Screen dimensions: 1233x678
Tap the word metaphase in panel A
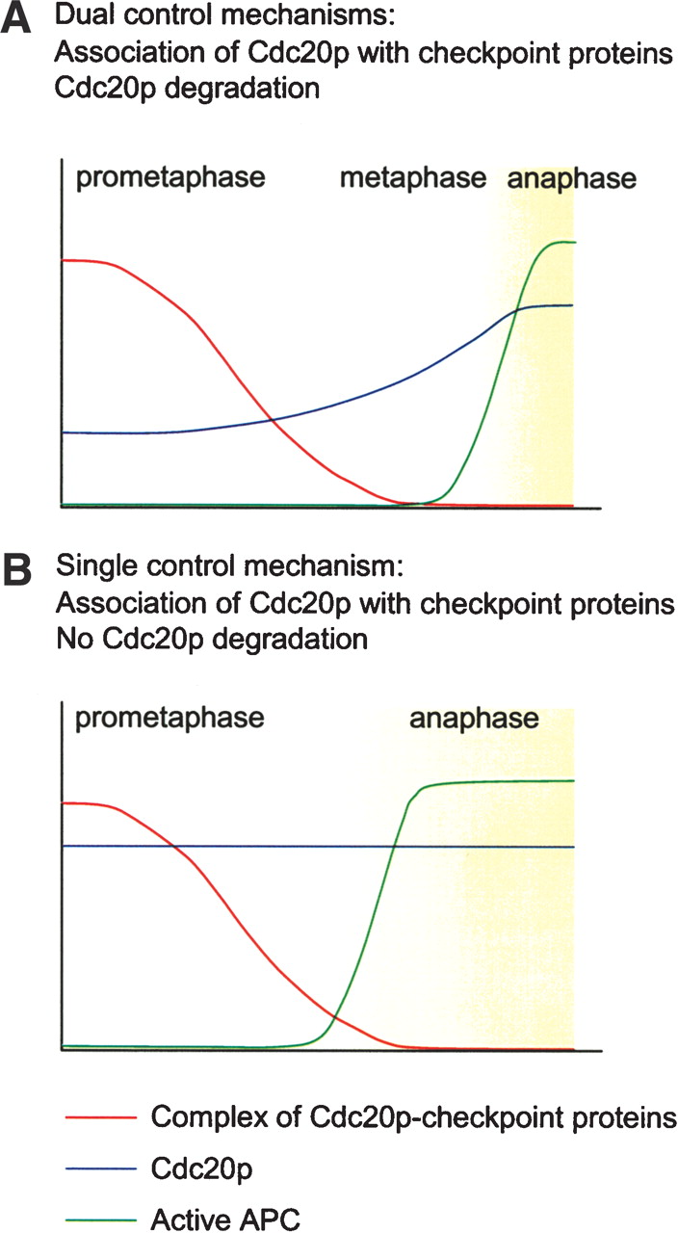[x=413, y=179]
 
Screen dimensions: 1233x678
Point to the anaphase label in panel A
[x=572, y=179]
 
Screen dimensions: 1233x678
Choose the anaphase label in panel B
[x=474, y=719]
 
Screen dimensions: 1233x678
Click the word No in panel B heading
[x=71, y=638]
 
